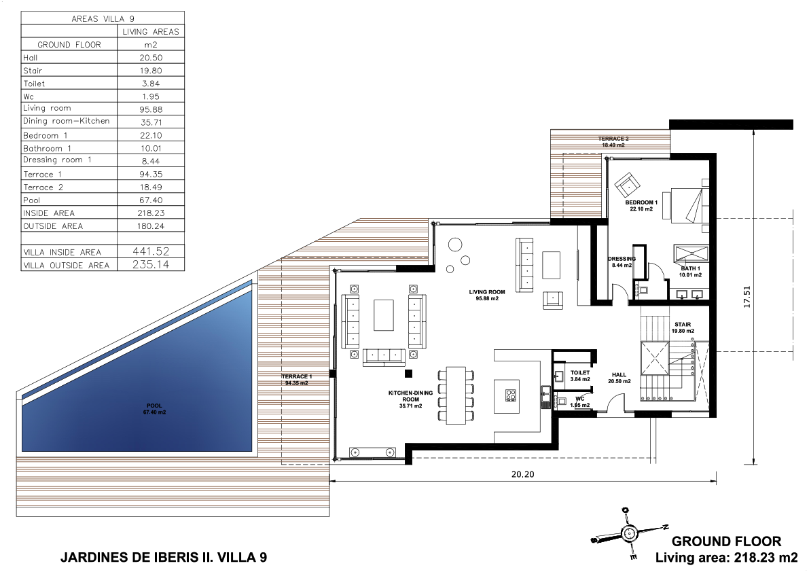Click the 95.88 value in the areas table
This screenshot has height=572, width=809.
pos(151,109)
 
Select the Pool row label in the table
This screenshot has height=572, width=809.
pos(31,200)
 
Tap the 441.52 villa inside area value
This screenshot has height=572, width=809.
pos(151,251)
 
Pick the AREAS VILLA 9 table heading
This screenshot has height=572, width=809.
pos(103,18)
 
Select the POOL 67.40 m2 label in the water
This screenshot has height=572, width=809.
pos(154,409)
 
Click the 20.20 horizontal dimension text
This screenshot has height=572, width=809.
pos(522,475)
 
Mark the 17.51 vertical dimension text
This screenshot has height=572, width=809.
pos(747,297)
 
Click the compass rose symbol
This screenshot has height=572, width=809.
pos(629,534)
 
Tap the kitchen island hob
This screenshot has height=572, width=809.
pos(511,395)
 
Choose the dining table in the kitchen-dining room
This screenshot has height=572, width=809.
pos(456,395)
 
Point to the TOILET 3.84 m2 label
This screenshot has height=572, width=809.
pos(580,376)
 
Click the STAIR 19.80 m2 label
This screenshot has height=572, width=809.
pos(683,327)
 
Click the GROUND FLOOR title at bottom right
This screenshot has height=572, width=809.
pos(726,541)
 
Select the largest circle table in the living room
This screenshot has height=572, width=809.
pos(455,245)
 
